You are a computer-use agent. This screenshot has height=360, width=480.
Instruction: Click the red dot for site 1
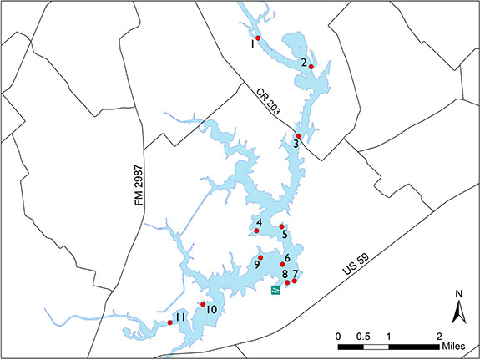pos(258,38)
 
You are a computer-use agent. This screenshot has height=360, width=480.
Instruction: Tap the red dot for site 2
pos(311,67)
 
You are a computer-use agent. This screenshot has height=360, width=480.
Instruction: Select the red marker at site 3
pos(299,135)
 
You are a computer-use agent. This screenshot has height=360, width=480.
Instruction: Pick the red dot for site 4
pos(256,231)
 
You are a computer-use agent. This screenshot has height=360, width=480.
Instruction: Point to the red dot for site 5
pos(282,226)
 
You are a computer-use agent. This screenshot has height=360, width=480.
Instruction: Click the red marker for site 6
pos(283,265)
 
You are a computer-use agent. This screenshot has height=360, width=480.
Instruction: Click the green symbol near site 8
pos(275,290)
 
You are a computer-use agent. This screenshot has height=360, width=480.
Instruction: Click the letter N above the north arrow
pos(459,294)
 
